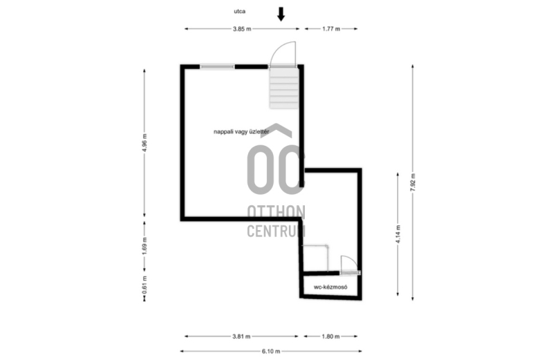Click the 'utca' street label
click(x=239, y=11)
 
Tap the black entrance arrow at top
click(x=281, y=14)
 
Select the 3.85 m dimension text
click(x=242, y=29)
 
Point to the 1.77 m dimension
click(x=331, y=29)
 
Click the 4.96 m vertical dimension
click(x=144, y=143)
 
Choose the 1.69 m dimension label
click(x=144, y=245)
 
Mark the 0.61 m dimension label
click(x=144, y=285)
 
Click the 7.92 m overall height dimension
click(x=413, y=182)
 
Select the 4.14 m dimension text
click(x=398, y=234)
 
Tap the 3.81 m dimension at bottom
click(x=241, y=337)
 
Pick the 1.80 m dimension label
click(x=330, y=337)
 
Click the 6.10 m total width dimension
click(x=271, y=351)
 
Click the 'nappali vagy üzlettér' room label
click(x=241, y=131)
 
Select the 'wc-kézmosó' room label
click(x=330, y=287)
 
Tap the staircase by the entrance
click(x=284, y=88)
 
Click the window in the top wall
click(x=217, y=66)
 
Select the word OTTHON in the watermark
click(x=276, y=212)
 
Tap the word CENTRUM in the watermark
click(x=276, y=231)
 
